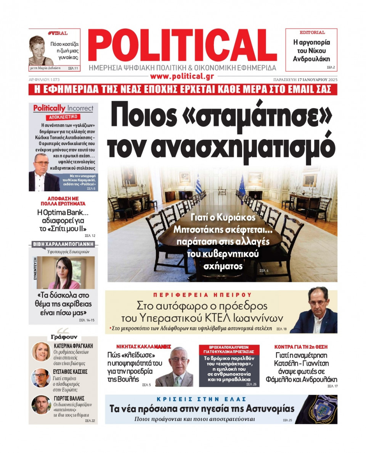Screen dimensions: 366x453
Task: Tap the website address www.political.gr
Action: click(182, 76)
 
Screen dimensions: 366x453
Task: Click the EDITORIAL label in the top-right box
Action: click(312, 32)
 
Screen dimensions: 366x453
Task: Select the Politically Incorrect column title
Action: click(63, 108)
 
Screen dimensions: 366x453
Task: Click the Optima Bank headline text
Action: click(63, 220)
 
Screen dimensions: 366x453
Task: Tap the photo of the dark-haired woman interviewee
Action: click(65, 273)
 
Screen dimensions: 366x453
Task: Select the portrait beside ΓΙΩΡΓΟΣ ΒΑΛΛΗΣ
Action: click(41, 404)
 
